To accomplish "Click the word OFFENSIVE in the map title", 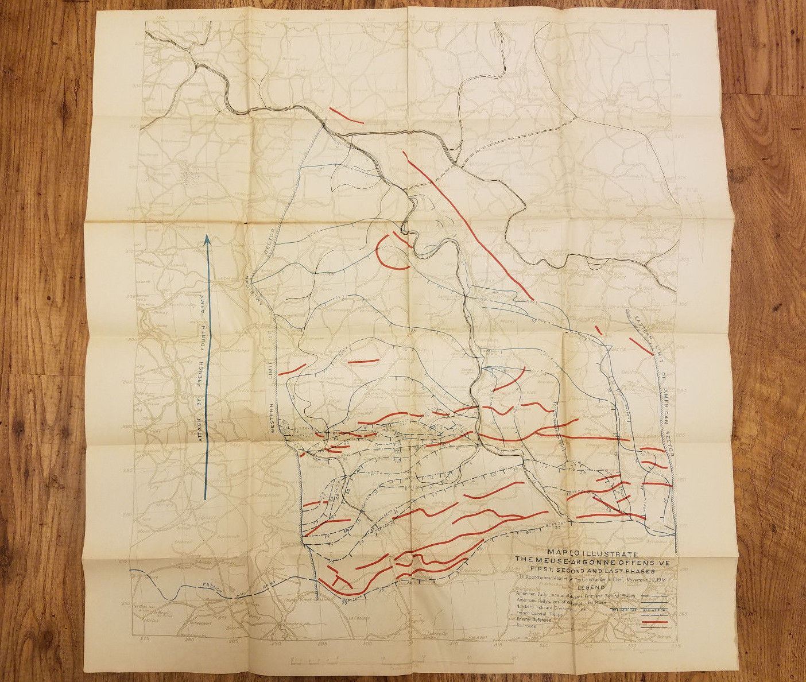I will click(645, 561).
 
